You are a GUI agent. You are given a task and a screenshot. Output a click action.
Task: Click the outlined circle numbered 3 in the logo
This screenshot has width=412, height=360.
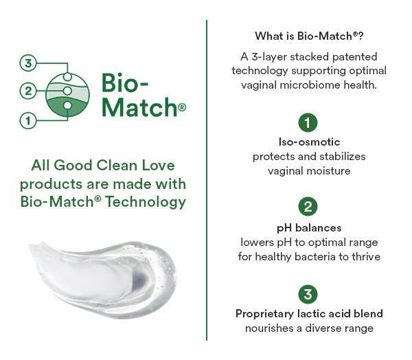pos(28,63)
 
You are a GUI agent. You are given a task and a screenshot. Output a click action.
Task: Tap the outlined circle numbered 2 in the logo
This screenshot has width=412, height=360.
pos(28,91)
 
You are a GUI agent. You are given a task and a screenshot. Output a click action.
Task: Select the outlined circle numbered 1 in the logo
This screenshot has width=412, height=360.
pos(28,121)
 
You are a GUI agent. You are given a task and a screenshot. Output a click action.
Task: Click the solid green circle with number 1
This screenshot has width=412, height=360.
pos(308,122)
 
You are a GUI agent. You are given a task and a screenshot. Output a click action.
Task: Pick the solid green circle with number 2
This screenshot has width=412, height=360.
pos(308,207)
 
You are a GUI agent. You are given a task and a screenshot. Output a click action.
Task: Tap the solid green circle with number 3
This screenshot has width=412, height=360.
pos(308,294)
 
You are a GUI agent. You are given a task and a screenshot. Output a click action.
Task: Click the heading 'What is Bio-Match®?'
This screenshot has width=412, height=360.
pos(309,36)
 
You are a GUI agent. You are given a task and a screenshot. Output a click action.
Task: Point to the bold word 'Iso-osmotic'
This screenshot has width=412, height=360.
pos(309,142)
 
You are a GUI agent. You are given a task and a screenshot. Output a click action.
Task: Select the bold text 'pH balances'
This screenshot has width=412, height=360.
pos(309,228)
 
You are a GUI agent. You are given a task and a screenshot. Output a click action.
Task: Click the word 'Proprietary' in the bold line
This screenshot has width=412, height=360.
pos(264,314)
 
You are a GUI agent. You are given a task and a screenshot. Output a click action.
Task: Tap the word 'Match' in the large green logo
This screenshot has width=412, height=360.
pos(139,107)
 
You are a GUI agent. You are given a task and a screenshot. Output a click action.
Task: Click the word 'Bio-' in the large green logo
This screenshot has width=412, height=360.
pos(125,82)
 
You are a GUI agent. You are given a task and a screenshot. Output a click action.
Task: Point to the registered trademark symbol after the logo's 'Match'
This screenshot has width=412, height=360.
pos(182,107)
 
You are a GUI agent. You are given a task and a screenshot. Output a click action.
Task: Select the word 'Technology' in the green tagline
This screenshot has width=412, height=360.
pos(146,202)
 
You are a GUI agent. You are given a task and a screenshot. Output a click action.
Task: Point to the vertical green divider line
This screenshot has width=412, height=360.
pos(207,181)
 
